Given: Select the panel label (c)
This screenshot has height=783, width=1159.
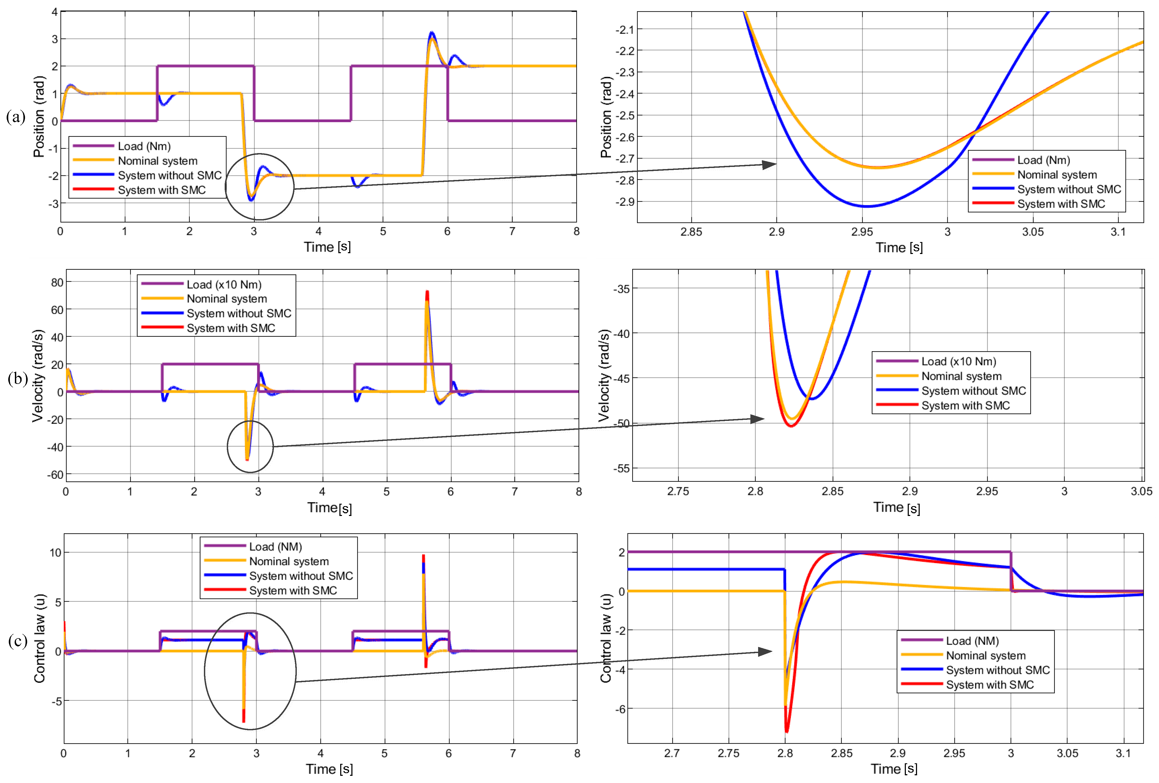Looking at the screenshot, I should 18,640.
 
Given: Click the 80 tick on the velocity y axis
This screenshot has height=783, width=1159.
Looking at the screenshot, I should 57,282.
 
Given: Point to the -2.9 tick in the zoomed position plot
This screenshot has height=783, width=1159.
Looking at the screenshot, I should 624,202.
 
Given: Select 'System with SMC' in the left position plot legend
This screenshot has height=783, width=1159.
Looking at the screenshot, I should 162,190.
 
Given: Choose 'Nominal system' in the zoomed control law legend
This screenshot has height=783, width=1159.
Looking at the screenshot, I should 985,655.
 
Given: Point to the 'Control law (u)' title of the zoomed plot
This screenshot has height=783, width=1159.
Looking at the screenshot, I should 605,638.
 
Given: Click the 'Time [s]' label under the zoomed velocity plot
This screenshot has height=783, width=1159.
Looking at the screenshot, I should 896,508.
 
